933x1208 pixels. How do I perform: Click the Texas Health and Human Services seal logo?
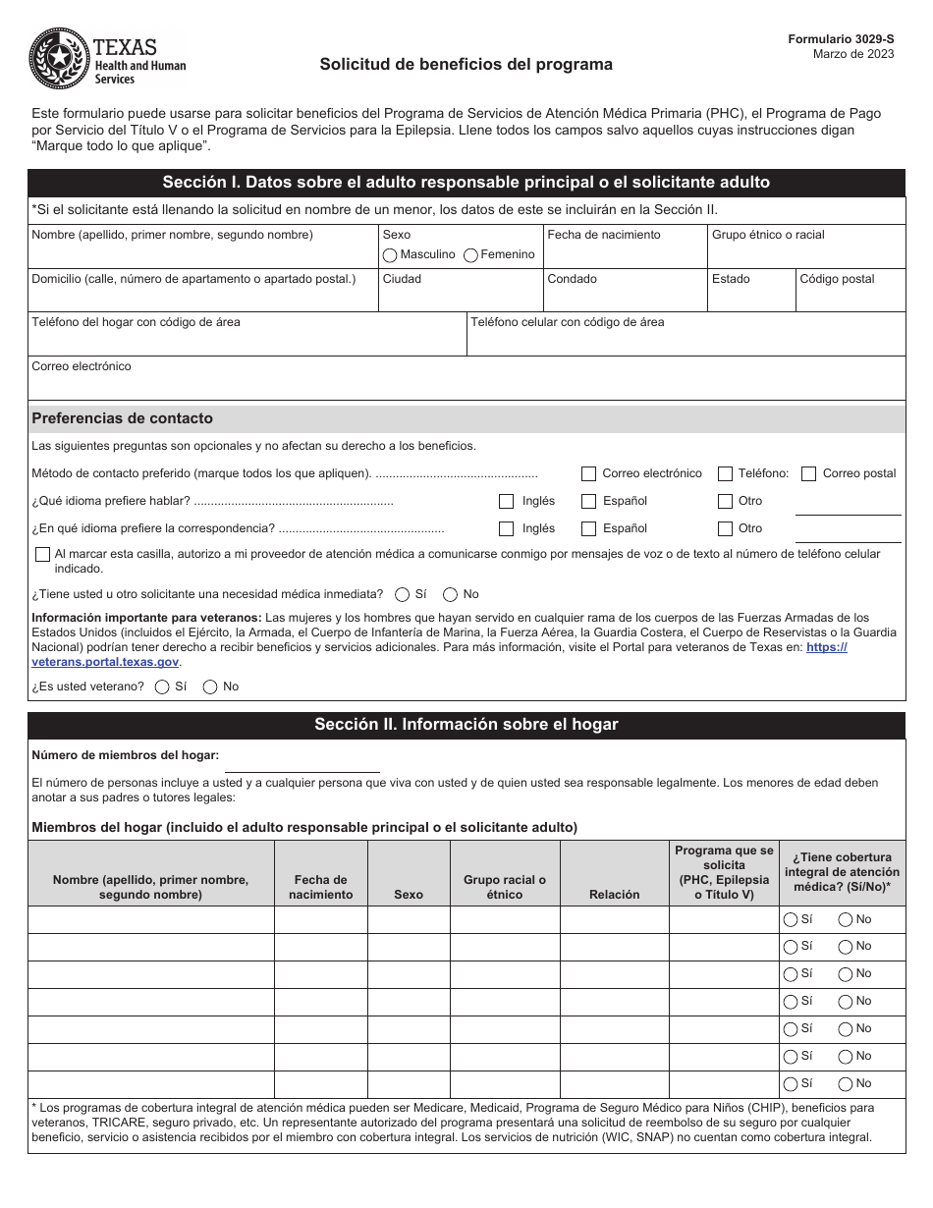pyautogui.click(x=60, y=60)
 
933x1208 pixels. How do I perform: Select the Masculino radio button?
pyautogui.click(x=390, y=255)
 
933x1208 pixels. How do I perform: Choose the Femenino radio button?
pyautogui.click(x=470, y=255)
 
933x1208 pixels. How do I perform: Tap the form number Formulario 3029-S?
pyautogui.click(x=841, y=38)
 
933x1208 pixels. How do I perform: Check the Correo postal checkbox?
pyautogui.click(x=809, y=473)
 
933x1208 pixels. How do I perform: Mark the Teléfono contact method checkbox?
pyautogui.click(x=725, y=473)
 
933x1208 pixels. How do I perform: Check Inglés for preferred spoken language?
pyautogui.click(x=507, y=501)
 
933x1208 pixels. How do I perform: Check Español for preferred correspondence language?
pyautogui.click(x=589, y=528)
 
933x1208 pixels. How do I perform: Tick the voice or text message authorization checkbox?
pyautogui.click(x=42, y=555)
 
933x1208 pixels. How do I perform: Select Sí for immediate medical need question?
pyautogui.click(x=403, y=594)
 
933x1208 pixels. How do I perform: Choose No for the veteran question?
pyautogui.click(x=210, y=687)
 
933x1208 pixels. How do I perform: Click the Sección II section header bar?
pyautogui.click(x=466, y=725)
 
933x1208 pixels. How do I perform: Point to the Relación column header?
pyautogui.click(x=614, y=894)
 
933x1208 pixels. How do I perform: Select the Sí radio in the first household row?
pyautogui.click(x=790, y=920)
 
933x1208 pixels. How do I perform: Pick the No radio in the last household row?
pyautogui.click(x=845, y=1084)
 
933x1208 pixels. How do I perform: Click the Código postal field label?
pyautogui.click(x=837, y=279)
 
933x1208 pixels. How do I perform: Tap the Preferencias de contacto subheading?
pyautogui.click(x=123, y=418)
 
